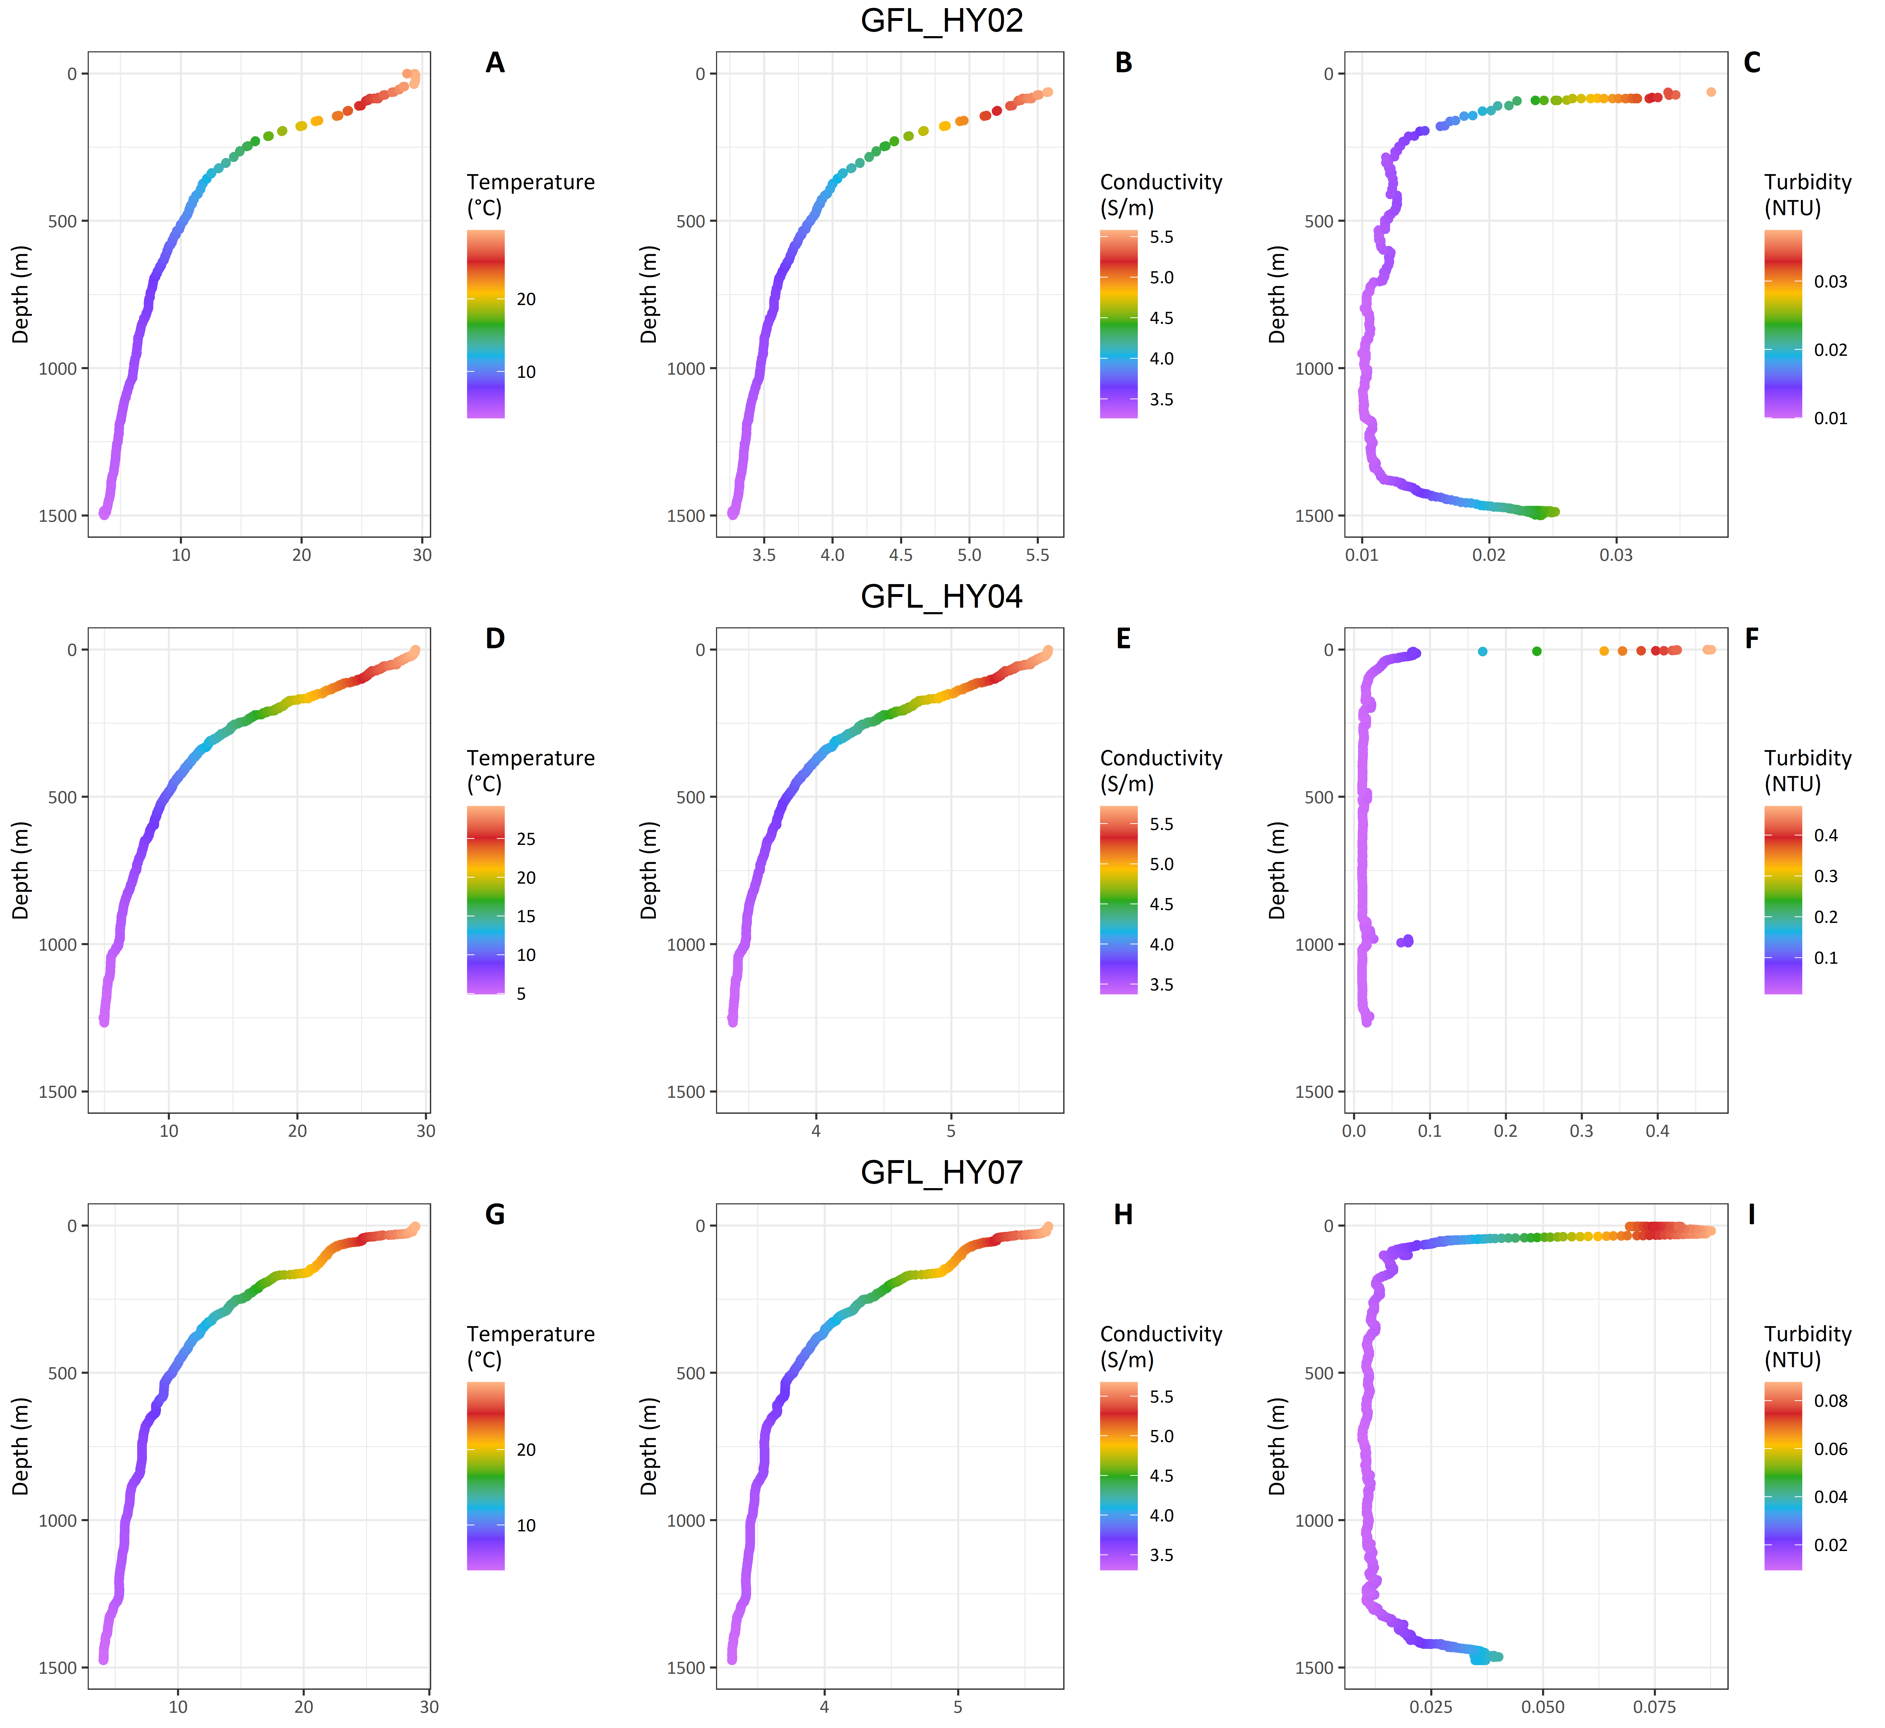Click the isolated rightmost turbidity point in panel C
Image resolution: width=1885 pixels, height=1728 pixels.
coord(1711,92)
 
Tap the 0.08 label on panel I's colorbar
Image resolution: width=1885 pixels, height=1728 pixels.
coord(1831,1401)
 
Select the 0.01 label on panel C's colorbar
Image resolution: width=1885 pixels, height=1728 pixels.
coord(1831,418)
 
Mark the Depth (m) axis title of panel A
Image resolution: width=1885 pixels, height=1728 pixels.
coord(21,295)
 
